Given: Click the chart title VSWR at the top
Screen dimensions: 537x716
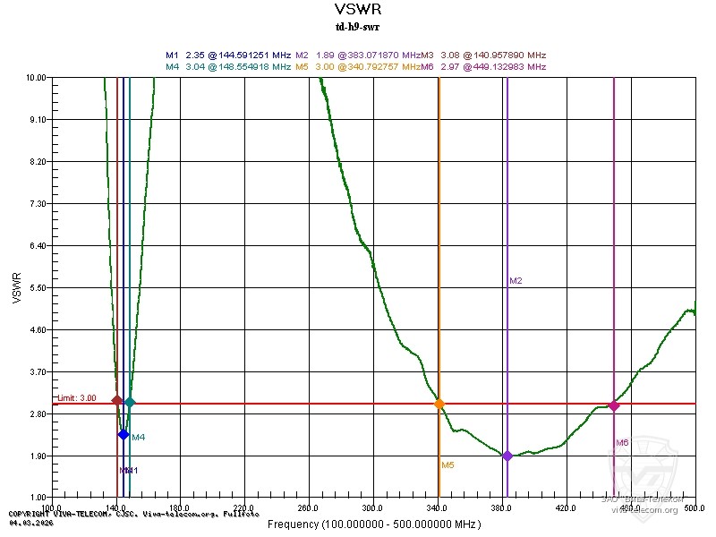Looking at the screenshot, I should click(x=358, y=10).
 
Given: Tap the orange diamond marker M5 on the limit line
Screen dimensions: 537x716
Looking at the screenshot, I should click(x=439, y=404).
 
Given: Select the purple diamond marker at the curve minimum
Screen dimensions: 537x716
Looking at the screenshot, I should click(x=507, y=456).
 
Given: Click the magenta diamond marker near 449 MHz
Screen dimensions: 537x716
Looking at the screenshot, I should click(x=614, y=405).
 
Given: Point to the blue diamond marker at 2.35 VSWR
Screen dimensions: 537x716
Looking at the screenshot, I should click(x=124, y=434).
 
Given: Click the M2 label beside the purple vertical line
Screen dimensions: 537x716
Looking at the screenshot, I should click(x=516, y=281).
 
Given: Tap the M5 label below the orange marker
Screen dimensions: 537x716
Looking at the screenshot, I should click(x=447, y=465).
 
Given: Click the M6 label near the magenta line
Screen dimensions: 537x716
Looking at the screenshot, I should click(x=622, y=443).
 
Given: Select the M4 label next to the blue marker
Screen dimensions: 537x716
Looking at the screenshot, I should click(x=139, y=438).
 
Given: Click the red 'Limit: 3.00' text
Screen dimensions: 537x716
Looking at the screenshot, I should click(x=77, y=398).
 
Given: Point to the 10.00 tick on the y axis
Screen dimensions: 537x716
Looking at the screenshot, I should click(x=37, y=78).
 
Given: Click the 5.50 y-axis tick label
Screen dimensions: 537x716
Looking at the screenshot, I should click(x=37, y=287).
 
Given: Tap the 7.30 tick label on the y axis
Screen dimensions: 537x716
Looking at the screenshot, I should click(x=37, y=204).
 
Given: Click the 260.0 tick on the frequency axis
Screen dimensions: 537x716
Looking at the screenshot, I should click(x=309, y=507).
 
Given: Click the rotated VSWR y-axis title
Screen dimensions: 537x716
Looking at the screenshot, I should click(x=16, y=287).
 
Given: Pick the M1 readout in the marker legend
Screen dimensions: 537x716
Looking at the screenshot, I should click(x=229, y=55).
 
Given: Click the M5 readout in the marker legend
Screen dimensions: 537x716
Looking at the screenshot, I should click(x=358, y=66).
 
